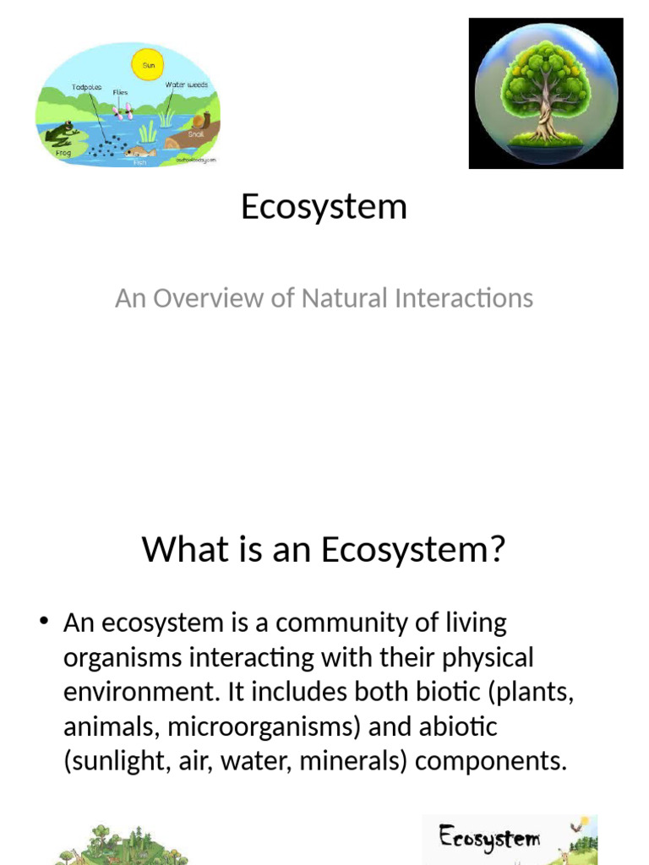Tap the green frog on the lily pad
[x=62, y=133]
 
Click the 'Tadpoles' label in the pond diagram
[x=86, y=85]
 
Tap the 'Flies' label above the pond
[x=120, y=92]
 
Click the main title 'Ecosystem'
[x=324, y=206]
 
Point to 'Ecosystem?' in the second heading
[x=412, y=549]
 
